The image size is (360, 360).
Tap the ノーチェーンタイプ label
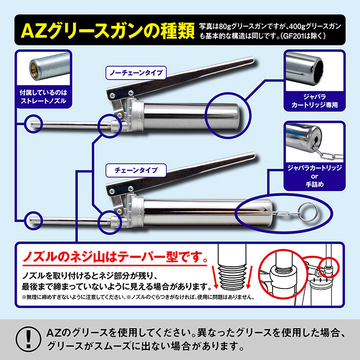[x=135, y=73]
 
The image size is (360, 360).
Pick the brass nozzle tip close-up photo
[x=42, y=67]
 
